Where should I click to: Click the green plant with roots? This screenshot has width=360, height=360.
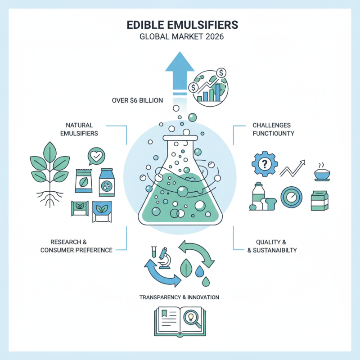tap(48, 171)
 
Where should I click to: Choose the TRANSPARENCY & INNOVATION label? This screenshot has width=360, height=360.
tap(180, 297)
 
